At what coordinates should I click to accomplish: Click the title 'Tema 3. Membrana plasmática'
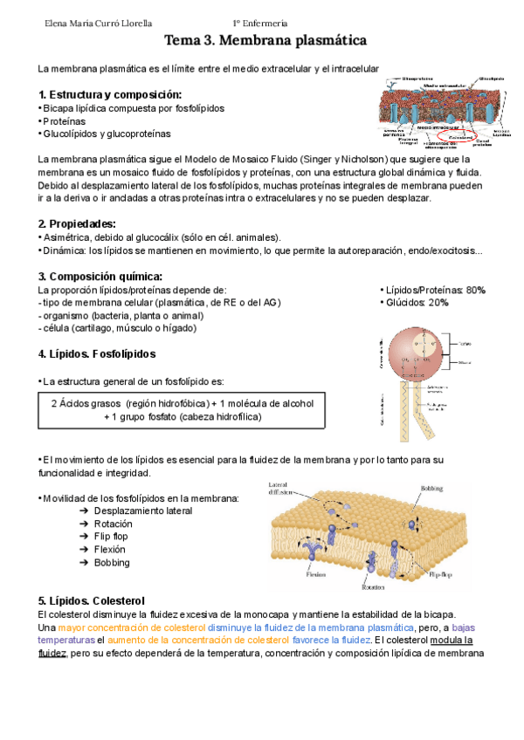pyautogui.click(x=265, y=41)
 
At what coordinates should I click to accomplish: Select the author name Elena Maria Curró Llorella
pyautogui.click(x=93, y=24)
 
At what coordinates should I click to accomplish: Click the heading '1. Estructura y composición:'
pyautogui.click(x=110, y=94)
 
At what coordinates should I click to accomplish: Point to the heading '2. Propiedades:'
pyautogui.click(x=78, y=223)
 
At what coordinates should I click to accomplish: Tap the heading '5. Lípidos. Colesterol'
pyautogui.click(x=92, y=600)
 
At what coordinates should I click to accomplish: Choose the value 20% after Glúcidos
pyautogui.click(x=438, y=302)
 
